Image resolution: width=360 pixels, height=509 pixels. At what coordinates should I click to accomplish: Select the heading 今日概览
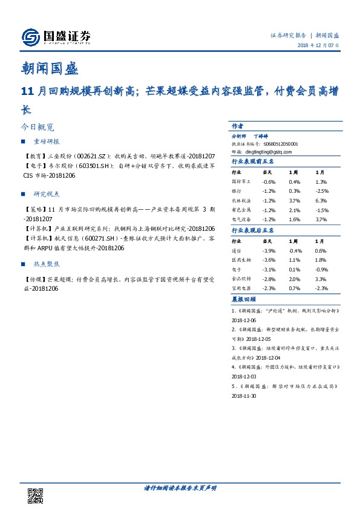coord(38,128)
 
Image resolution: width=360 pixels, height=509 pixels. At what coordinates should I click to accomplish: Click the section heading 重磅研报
coord(47,141)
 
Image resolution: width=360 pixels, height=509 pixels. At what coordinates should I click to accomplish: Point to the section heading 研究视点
coord(47,194)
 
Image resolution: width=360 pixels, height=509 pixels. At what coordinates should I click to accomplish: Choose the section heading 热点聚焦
coord(47,264)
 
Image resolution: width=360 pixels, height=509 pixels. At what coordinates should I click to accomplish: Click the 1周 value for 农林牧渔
coord(295,201)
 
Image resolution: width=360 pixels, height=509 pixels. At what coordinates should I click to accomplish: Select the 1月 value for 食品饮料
coord(321,279)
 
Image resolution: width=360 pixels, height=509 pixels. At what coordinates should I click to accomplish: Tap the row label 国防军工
coord(241,181)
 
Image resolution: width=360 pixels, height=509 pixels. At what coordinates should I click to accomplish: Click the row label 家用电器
coord(241,289)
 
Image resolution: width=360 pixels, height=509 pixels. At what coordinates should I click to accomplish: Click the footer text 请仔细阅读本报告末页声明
coord(180,487)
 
